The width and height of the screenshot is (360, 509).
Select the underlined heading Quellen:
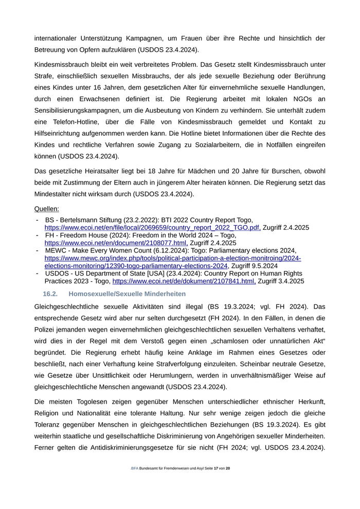tap(46, 209)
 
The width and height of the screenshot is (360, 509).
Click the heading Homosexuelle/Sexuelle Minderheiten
tap(127, 294)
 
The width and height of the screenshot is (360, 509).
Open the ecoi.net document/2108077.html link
tap(116, 243)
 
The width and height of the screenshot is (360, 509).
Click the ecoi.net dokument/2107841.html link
tap(184, 281)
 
